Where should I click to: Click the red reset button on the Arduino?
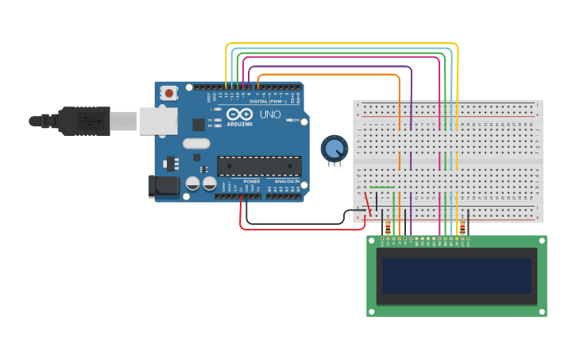pos(168,92)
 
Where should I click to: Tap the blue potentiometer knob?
pos(334,148)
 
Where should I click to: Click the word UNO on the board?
pos(270,114)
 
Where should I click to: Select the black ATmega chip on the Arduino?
pos(259,166)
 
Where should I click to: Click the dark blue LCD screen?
pos(456,276)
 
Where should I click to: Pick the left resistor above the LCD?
pos(388,227)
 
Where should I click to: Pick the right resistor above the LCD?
pos(462,227)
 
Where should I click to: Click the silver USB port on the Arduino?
pos(158,121)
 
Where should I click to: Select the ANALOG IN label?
pos(286,181)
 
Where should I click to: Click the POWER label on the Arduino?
pos(251,181)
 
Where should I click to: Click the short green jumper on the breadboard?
pos(382,188)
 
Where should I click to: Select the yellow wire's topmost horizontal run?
pos(342,43)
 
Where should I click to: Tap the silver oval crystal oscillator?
pos(195,144)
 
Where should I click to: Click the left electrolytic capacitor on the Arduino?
pos(193,184)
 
